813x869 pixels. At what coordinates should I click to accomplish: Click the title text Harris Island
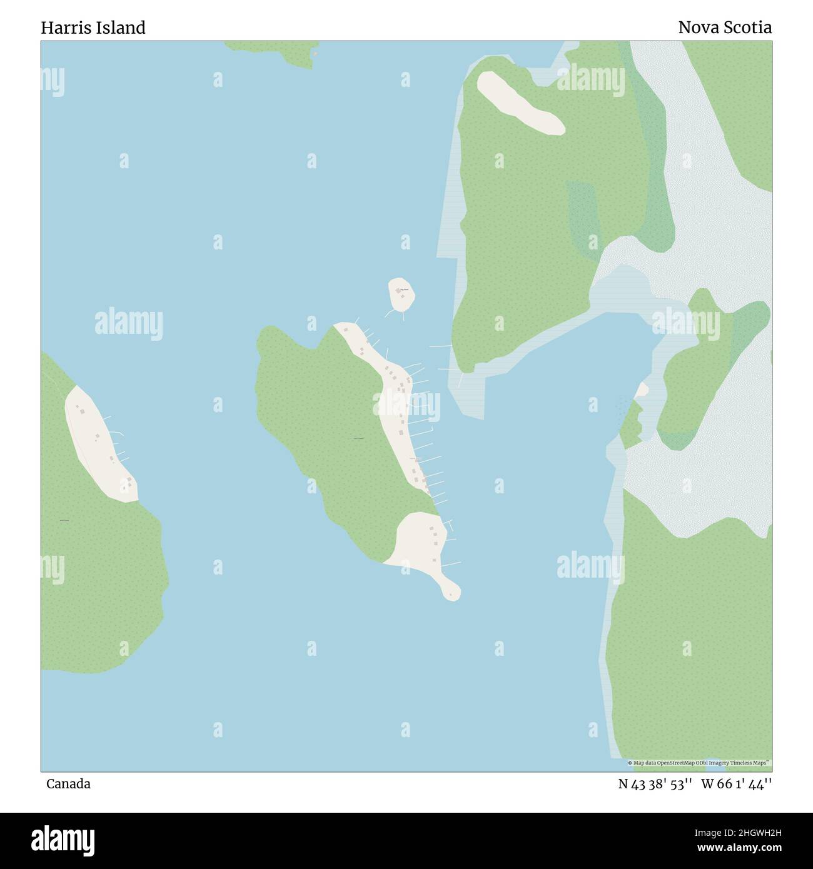point(93,28)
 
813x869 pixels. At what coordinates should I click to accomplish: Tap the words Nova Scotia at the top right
point(724,28)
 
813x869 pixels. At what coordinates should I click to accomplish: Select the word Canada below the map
point(68,784)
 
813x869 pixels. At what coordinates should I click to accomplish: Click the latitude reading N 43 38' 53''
point(655,784)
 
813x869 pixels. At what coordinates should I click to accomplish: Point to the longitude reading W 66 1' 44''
point(736,784)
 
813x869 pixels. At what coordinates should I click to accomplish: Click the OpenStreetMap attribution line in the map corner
point(699,763)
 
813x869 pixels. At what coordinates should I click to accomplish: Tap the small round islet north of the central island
point(402,294)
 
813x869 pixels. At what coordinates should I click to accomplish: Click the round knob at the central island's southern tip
point(452,590)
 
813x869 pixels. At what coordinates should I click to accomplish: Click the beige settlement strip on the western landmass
point(100,444)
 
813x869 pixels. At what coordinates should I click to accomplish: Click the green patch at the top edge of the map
point(275,51)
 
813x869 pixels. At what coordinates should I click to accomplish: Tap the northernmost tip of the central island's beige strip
point(341,326)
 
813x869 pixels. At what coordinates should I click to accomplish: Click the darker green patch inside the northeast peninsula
point(585,213)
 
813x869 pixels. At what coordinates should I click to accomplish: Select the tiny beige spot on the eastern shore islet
point(641,391)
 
